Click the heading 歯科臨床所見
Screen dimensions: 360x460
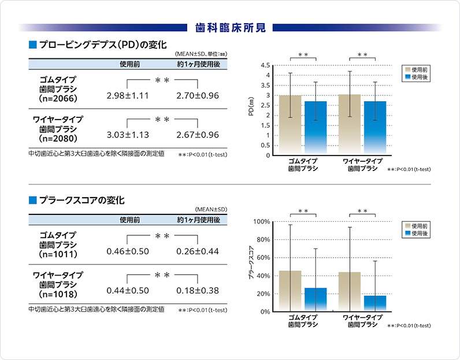click(230, 27)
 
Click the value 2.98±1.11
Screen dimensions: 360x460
click(128, 95)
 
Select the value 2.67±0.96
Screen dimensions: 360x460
click(198, 135)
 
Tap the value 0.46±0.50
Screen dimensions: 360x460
click(128, 251)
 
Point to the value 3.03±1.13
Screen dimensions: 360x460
click(128, 135)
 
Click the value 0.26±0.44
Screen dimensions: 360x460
click(198, 251)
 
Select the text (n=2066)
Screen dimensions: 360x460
click(58, 99)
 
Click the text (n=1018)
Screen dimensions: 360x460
click(58, 294)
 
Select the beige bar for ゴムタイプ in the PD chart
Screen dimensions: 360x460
click(290, 125)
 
